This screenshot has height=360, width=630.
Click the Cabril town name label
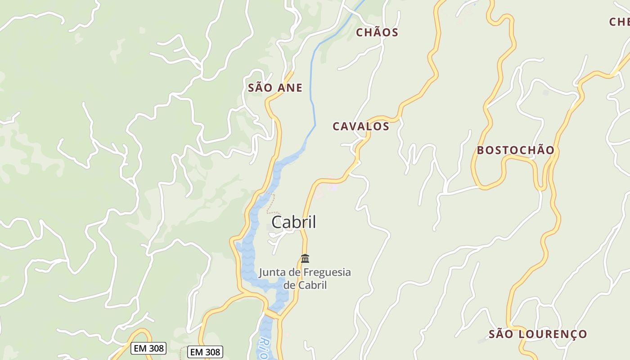[294, 222]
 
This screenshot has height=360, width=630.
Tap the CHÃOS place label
[377, 32]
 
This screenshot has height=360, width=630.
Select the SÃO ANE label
[275, 88]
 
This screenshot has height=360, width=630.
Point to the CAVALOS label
[361, 126]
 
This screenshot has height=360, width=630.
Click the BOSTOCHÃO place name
[515, 150]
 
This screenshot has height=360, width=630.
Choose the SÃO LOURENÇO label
[538, 334]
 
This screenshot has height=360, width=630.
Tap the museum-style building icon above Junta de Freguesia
[305, 258]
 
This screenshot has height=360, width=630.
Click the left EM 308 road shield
[149, 348]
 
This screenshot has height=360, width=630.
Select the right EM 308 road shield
[205, 352]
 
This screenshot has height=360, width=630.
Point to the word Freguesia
[327, 272]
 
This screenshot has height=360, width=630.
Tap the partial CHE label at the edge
[620, 22]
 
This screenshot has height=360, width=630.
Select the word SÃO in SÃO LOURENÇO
[500, 334]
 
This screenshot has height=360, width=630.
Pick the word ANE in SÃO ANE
[289, 88]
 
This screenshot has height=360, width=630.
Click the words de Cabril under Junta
[305, 285]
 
